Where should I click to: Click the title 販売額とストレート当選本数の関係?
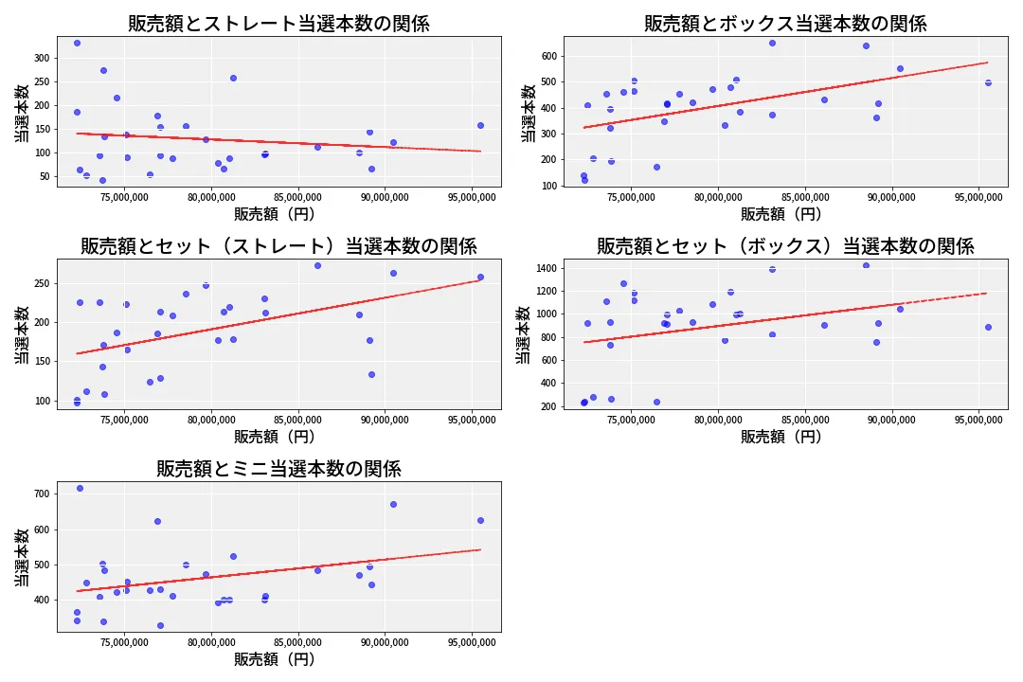(x=278, y=24)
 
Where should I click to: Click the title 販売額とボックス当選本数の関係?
(x=785, y=24)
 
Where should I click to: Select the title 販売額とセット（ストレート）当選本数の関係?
(x=278, y=246)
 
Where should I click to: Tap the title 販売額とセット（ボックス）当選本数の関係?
(x=785, y=246)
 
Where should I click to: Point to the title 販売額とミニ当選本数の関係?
(x=278, y=469)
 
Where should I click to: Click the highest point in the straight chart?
(x=77, y=43)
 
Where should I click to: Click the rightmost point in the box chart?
(x=988, y=82)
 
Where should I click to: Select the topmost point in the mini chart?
(x=80, y=488)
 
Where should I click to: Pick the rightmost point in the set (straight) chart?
(x=480, y=277)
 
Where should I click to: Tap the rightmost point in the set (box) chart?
(x=988, y=327)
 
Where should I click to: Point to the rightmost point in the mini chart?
(x=480, y=520)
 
